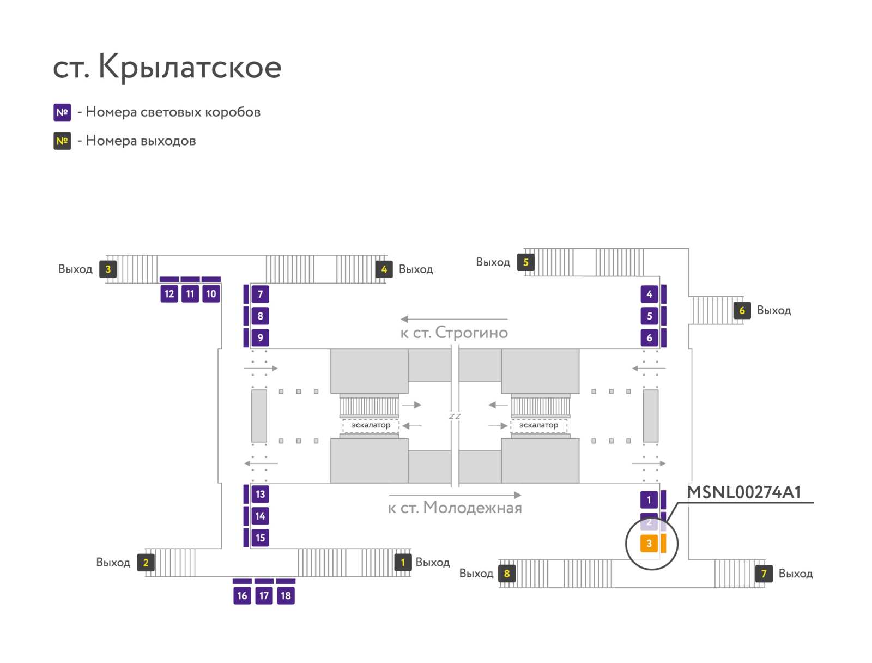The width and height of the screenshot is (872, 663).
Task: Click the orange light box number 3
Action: point(649,543)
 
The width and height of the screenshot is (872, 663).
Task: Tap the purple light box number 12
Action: point(169,294)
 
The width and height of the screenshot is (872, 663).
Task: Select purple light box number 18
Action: point(286,595)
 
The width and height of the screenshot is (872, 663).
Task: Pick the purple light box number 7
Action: point(260,294)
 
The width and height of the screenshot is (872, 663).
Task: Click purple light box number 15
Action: point(260,538)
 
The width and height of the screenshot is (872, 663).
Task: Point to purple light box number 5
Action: point(649,316)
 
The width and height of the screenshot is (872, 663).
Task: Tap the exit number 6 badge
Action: point(742,310)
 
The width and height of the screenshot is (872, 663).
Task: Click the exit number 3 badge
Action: point(108,269)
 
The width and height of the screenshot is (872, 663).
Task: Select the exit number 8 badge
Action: point(507,574)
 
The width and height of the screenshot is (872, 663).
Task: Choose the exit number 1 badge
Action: point(403,562)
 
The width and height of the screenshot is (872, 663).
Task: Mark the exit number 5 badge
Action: point(525,262)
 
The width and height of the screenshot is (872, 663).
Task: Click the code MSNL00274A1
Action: point(743,492)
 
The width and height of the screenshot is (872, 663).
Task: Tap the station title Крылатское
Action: point(189,67)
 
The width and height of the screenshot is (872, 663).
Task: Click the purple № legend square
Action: point(62,112)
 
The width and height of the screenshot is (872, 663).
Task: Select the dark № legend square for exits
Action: point(62,141)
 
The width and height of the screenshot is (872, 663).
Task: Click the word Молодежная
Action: point(472,508)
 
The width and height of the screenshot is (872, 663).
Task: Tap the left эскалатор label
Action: point(371,425)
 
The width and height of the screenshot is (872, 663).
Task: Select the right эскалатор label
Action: point(538,425)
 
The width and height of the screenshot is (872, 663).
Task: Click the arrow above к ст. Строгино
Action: point(454,319)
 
